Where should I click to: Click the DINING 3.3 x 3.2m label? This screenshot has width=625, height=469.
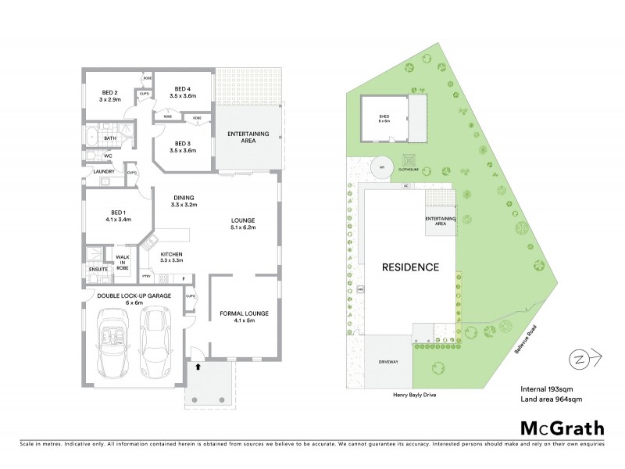tap(185, 201)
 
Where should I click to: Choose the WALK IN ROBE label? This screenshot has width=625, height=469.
tap(123, 262)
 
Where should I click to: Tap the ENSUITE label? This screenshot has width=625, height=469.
tap(98, 270)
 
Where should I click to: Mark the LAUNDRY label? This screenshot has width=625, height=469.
tap(104, 171)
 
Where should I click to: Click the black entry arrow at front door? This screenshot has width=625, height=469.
tap(197, 364)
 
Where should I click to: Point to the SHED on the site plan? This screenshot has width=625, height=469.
tap(384, 119)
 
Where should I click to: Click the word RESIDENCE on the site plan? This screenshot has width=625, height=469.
tap(410, 267)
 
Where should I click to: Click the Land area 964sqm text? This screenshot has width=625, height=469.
tap(551, 399)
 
